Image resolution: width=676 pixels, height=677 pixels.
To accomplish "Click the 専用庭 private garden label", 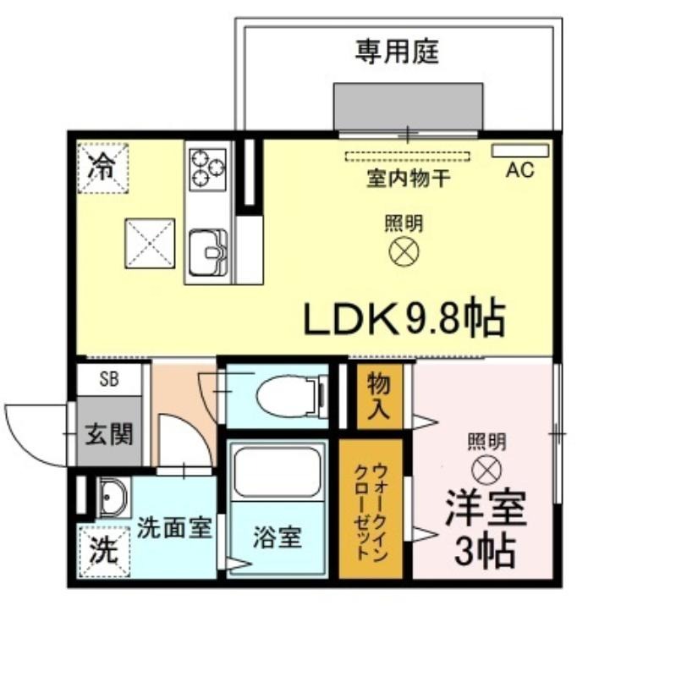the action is [x=397, y=52].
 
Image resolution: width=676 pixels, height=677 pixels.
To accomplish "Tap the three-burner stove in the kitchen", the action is [x=208, y=169].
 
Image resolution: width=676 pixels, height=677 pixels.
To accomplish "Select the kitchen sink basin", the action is [x=208, y=252].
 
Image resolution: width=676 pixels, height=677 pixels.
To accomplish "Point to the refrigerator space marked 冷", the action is [x=103, y=168].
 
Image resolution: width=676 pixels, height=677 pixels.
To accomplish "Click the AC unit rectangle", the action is [x=520, y=151].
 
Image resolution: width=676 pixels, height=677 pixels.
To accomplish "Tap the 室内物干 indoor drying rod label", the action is [x=409, y=178].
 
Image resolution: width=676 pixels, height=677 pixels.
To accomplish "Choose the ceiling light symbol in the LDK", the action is [x=404, y=251].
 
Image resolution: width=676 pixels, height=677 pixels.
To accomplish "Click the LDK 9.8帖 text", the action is [x=404, y=316].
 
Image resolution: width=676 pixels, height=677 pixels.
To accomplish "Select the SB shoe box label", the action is [x=109, y=379].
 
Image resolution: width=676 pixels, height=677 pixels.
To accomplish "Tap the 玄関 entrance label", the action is [x=109, y=433].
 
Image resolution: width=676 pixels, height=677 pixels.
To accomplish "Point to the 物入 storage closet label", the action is [x=378, y=396].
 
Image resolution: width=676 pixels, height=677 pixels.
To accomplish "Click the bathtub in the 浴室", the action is [x=278, y=472].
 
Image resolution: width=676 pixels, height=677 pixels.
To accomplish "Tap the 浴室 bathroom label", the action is [x=278, y=538].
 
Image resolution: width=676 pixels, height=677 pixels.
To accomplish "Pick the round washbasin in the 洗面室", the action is [x=113, y=498].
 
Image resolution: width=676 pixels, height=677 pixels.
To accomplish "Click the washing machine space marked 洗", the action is [x=104, y=552].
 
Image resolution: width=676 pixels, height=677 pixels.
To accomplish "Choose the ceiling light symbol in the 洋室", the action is [x=486, y=470].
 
